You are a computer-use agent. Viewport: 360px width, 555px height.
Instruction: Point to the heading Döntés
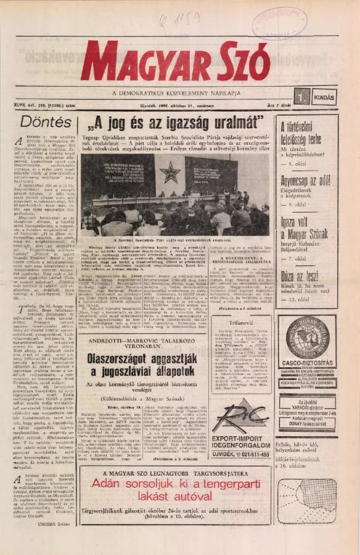tap(46, 121)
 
